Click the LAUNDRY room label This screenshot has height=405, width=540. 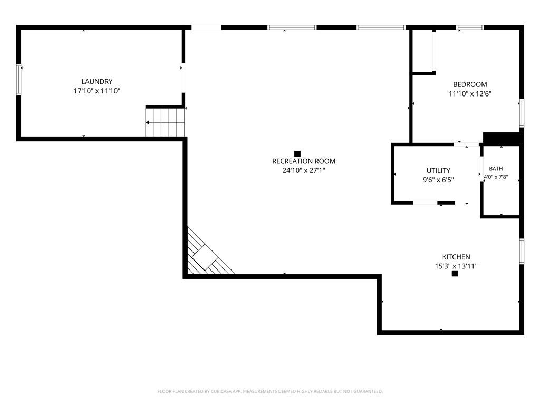(97, 82)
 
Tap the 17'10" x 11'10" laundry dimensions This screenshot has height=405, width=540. (97, 91)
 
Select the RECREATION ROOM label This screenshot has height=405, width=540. (304, 161)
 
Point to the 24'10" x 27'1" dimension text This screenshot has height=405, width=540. (304, 170)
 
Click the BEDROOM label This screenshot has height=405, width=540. (470, 84)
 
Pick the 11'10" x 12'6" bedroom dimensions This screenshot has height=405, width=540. (470, 94)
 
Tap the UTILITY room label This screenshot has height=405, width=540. (438, 170)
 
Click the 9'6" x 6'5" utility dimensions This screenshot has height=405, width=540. (438, 180)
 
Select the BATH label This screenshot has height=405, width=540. (496, 169)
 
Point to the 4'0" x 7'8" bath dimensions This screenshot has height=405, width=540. (496, 177)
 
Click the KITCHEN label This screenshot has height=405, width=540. (456, 257)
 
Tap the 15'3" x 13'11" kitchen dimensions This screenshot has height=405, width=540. (456, 266)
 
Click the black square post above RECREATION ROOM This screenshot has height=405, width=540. (297, 154)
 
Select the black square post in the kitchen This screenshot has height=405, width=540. (455, 274)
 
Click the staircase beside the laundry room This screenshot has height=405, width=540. (165, 122)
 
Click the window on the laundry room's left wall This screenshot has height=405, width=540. (18, 80)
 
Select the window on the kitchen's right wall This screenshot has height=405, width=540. (522, 252)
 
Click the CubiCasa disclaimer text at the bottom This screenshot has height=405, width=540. (270, 392)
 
